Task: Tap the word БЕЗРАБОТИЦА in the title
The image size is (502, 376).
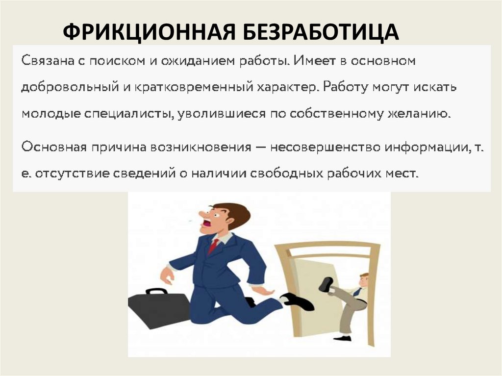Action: (x=319, y=32)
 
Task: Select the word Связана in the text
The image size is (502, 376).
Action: (x=43, y=62)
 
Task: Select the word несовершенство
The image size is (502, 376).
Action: (x=325, y=148)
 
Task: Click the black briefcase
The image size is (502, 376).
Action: (x=158, y=308)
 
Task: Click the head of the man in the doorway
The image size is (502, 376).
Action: (x=363, y=280)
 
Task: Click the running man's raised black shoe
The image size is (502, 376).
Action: (x=297, y=301)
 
